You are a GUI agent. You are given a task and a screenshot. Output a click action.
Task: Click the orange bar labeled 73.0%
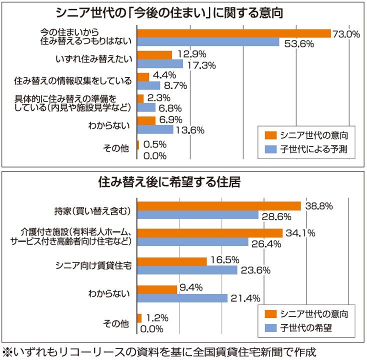[x=233, y=33]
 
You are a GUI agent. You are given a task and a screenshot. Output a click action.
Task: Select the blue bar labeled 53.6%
[x=208, y=42]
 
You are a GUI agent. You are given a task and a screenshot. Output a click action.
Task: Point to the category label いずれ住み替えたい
[x=94, y=59]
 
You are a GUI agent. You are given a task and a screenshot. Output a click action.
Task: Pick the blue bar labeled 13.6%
[x=155, y=129]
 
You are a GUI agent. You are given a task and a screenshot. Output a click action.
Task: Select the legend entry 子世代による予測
[x=316, y=148]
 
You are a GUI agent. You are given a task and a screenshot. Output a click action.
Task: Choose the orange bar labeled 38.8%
[x=218, y=206]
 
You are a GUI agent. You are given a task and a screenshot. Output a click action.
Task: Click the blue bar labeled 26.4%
[x=192, y=242]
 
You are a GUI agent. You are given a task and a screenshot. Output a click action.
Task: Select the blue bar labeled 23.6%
[x=187, y=270]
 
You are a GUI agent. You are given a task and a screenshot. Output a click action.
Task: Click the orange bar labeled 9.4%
[x=157, y=289]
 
